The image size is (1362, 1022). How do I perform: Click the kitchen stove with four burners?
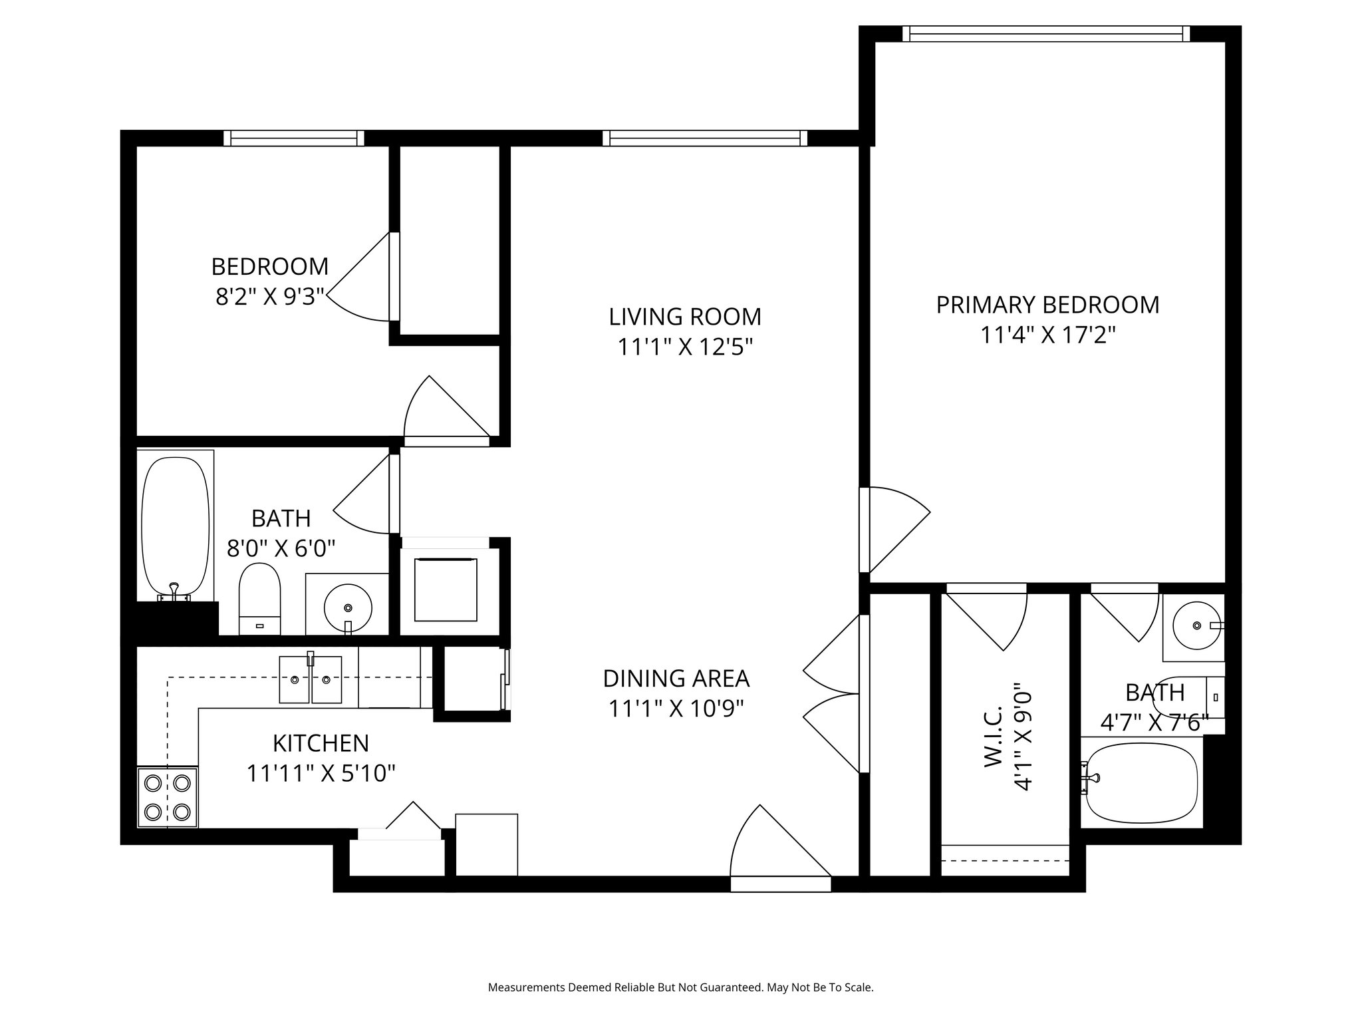[x=168, y=797]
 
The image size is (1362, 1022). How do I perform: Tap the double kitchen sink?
[x=311, y=679]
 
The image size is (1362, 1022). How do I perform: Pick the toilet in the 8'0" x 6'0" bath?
[x=259, y=598]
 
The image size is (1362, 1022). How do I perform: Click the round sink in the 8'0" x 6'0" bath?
[x=347, y=607]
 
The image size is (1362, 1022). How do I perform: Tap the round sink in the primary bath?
[x=1196, y=625]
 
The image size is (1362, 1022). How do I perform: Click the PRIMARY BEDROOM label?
[x=1047, y=305]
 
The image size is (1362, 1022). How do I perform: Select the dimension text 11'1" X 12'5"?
[x=685, y=347]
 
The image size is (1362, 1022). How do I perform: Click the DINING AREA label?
[x=676, y=679]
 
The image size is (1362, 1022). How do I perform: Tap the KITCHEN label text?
[x=321, y=743]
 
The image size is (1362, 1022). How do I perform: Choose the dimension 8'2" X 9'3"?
[x=269, y=296]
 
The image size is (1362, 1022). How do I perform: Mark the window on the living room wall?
[x=705, y=138]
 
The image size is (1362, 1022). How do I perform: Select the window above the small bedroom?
[x=294, y=138]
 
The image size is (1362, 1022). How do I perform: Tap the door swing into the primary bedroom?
[x=894, y=529]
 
